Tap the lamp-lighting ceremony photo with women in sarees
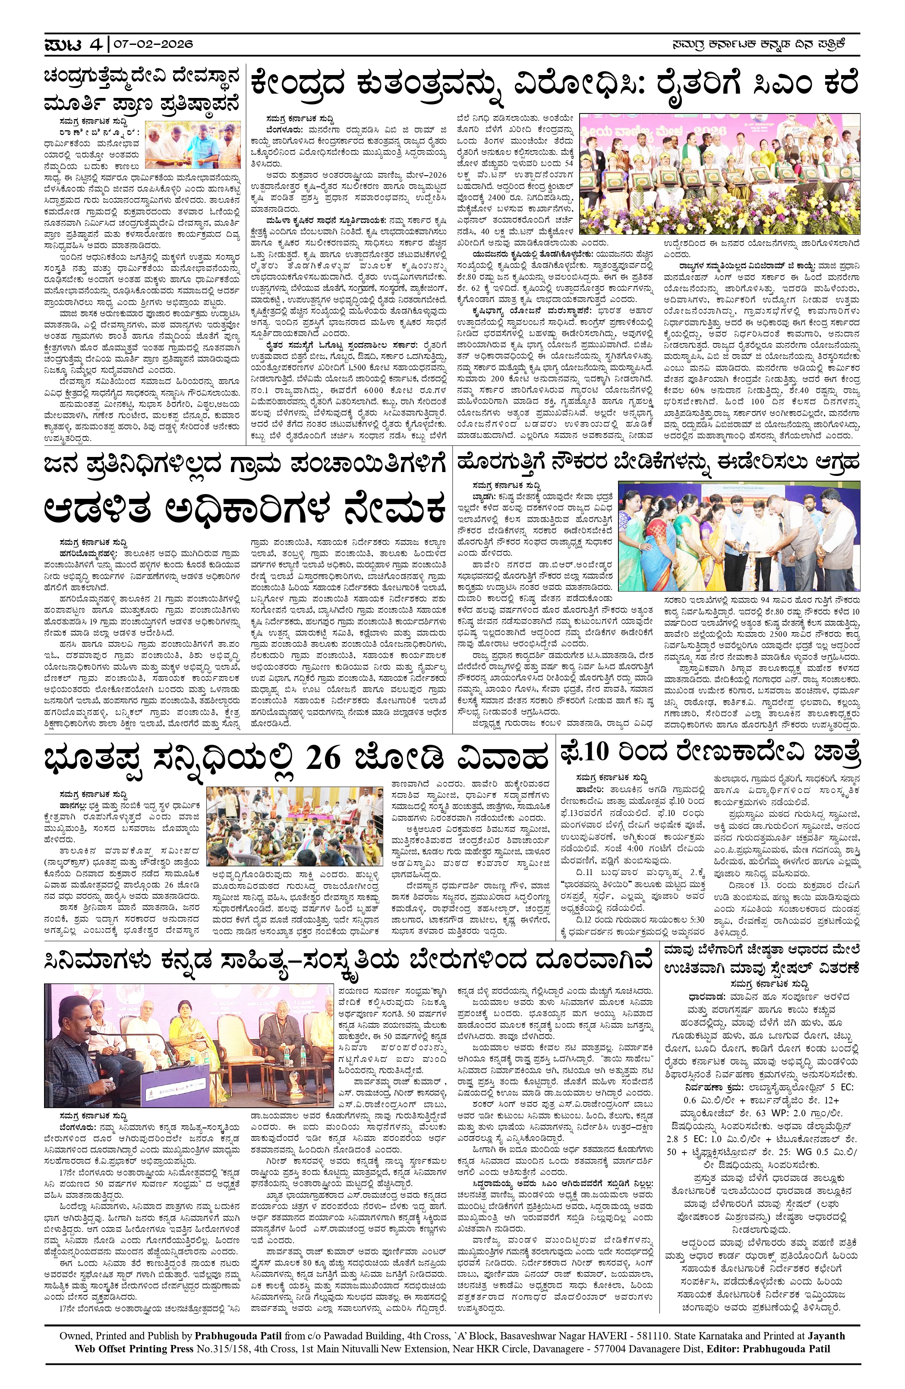click(738, 536)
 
